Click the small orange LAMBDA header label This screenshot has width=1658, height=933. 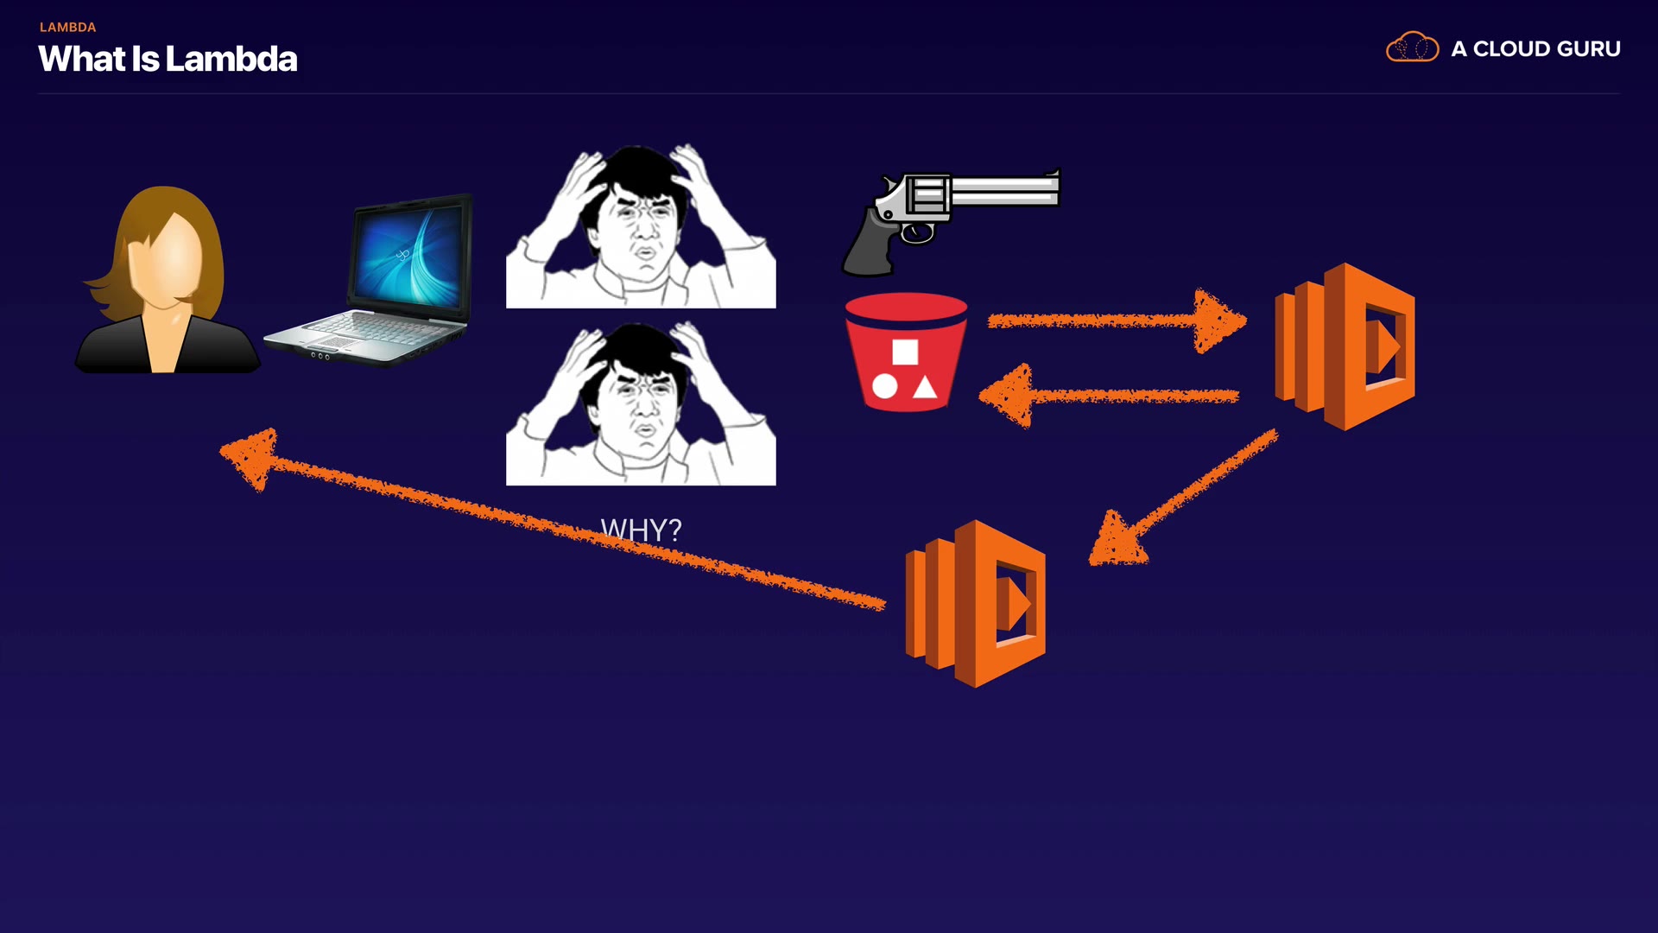point(67,28)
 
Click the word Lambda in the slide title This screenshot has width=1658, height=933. point(231,60)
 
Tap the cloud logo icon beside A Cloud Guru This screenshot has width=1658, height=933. point(1412,48)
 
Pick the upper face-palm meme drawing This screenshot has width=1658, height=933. point(640,226)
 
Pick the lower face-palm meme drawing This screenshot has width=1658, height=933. point(640,403)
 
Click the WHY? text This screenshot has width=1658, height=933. point(641,530)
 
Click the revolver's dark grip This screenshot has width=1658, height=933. point(869,246)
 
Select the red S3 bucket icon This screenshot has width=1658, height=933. point(906,351)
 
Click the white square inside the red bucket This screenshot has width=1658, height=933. point(905,352)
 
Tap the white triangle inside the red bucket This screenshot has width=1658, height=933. point(925,388)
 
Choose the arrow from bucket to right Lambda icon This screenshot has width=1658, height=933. point(1114,321)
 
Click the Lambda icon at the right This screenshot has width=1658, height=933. point(1345,346)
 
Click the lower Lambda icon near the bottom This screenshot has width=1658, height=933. point(975,604)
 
